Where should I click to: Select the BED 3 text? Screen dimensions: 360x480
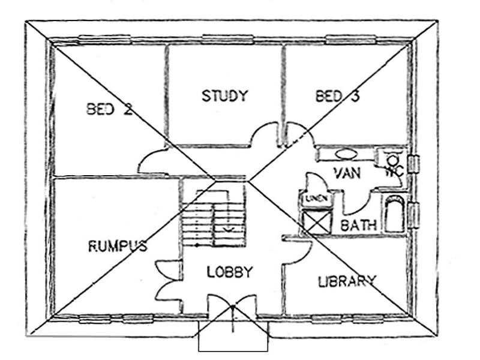pyautogui.click(x=337, y=96)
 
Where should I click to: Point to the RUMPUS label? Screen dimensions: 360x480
pyautogui.click(x=118, y=246)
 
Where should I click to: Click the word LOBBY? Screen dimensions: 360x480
pyautogui.click(x=230, y=272)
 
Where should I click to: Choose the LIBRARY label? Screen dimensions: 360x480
pyautogui.click(x=347, y=281)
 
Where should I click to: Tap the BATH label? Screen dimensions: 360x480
pyautogui.click(x=358, y=226)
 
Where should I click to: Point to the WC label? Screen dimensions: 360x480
pyautogui.click(x=391, y=171)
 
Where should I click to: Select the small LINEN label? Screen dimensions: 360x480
pyautogui.click(x=313, y=199)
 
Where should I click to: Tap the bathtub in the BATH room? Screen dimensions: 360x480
pyautogui.click(x=394, y=214)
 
